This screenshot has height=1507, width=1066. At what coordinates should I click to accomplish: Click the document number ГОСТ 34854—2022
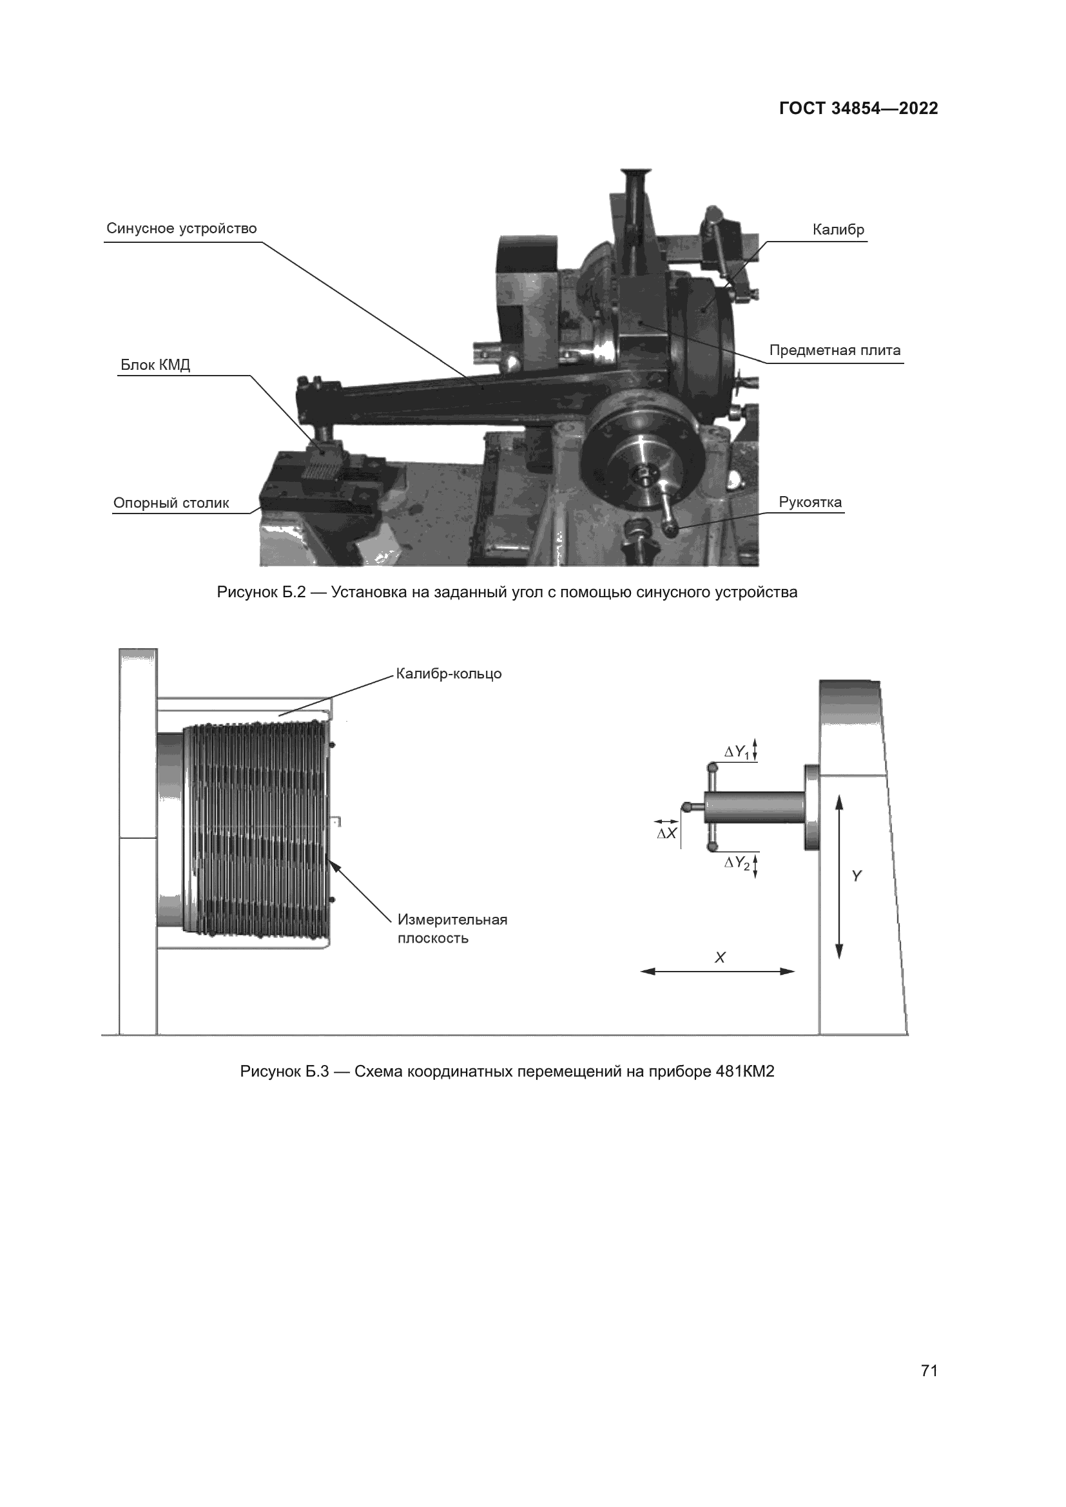[858, 109]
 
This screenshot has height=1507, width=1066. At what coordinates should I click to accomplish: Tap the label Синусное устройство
[181, 229]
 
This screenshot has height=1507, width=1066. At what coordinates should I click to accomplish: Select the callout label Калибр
[838, 231]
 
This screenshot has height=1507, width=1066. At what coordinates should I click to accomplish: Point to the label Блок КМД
[155, 365]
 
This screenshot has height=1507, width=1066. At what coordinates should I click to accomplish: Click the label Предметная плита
[834, 350]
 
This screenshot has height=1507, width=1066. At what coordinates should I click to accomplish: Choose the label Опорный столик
[171, 503]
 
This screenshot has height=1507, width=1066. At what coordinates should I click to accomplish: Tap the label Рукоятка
[810, 503]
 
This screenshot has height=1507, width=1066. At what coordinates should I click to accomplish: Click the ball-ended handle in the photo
[670, 528]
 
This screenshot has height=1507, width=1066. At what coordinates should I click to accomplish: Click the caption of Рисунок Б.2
[507, 593]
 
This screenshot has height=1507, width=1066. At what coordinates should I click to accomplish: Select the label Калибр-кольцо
[449, 674]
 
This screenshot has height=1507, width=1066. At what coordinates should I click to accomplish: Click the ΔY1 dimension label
[737, 752]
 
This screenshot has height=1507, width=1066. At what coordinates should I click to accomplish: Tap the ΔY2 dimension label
[737, 864]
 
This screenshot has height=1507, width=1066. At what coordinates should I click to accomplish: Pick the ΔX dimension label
[666, 834]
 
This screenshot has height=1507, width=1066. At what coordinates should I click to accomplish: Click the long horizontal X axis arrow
[717, 972]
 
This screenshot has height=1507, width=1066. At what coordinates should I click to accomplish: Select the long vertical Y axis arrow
[839, 876]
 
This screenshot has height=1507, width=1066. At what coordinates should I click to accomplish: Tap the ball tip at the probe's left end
[686, 807]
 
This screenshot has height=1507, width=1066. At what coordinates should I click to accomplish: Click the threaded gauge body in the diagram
[256, 830]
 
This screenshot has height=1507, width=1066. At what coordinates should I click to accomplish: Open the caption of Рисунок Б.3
[507, 1072]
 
